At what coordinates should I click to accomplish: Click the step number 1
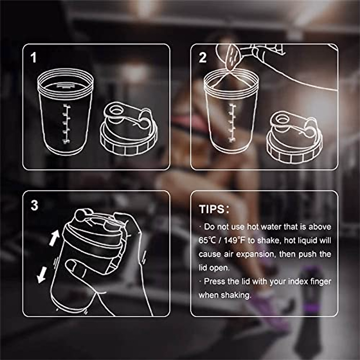[34, 58]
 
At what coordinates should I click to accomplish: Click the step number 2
[203, 58]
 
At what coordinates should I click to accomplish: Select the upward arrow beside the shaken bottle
[54, 239]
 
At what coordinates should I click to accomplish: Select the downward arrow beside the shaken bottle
[41, 274]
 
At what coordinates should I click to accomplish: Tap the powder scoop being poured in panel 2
[233, 57]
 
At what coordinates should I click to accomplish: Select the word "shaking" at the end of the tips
[236, 295]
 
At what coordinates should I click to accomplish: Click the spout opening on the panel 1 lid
[115, 110]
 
